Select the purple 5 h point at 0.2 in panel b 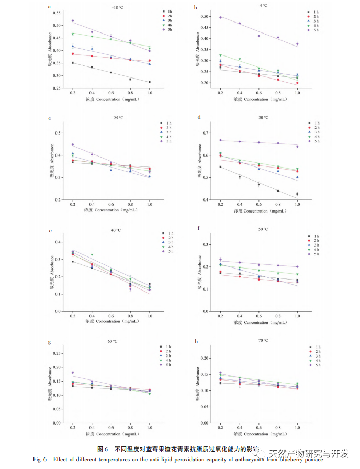pyautogui.click(x=221, y=17)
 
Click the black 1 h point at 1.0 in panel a pyautogui.click(x=149, y=82)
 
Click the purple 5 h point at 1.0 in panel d pyautogui.click(x=297, y=147)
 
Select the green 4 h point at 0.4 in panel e pyautogui.click(x=92, y=255)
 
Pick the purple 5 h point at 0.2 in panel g pyautogui.click(x=72, y=373)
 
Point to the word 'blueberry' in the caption pyautogui.click(x=283, y=459)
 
